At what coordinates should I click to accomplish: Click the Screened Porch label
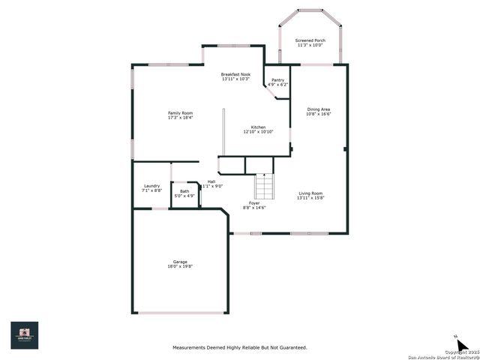tap(310, 40)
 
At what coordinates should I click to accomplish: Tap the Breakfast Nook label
tap(235, 74)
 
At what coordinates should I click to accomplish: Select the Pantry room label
tap(277, 79)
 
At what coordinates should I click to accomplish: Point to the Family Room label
tap(180, 113)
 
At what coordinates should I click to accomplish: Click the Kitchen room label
tap(258, 127)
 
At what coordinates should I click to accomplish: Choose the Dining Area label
tap(319, 109)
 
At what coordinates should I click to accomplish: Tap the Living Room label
tap(310, 193)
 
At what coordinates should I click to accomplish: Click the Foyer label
tap(255, 203)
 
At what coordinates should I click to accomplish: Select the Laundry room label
tap(151, 186)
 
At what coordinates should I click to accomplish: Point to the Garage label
tap(180, 262)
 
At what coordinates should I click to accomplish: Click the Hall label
tap(211, 181)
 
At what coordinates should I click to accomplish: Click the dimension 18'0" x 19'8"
tap(180, 266)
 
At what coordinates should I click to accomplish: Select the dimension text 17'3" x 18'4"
tap(180, 118)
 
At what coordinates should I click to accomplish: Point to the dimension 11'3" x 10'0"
tap(310, 45)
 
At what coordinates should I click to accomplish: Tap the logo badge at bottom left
tap(24, 335)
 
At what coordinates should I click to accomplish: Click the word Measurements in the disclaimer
tap(190, 347)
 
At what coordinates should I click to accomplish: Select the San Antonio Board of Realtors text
tap(442, 355)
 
